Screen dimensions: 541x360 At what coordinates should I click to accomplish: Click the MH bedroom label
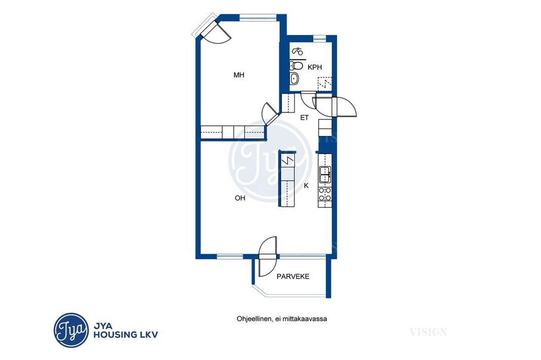point(239,75)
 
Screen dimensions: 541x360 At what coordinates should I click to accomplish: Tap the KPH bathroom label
point(315,67)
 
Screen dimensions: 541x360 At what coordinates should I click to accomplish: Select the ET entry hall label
point(305,118)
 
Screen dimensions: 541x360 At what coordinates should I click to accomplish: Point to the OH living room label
point(240,198)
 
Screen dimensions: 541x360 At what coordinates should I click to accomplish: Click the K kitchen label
point(306,186)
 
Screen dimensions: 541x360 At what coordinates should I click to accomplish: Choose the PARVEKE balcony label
point(293,276)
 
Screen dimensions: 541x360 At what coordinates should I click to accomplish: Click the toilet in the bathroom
point(296,65)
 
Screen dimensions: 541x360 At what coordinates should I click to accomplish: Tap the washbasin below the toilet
point(294,79)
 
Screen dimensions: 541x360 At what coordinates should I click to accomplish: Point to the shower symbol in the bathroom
point(298,52)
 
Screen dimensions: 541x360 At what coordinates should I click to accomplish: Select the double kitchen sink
point(325,174)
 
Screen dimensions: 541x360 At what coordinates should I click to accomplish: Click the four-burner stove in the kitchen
point(325,194)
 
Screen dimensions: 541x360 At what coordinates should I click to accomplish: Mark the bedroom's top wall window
point(258,18)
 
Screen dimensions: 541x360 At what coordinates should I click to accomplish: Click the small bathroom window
point(320,38)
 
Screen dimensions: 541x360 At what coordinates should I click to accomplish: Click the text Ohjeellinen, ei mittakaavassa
point(282,318)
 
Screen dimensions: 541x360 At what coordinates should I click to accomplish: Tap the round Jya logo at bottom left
point(71,330)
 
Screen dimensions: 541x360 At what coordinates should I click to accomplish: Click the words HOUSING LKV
point(126,335)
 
